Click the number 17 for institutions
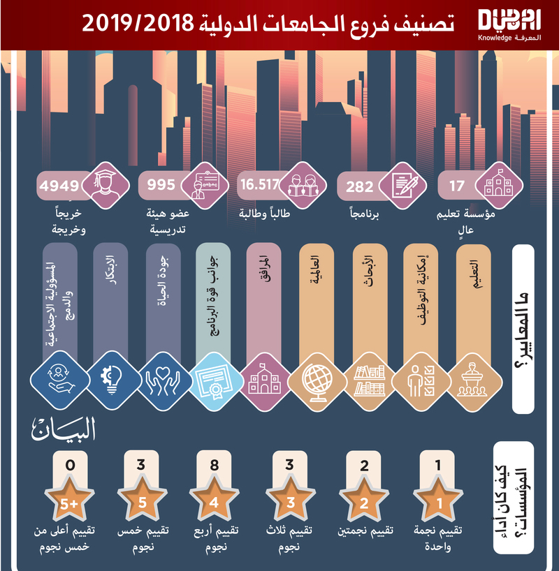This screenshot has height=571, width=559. pos(457,187)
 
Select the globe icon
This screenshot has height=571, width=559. pos(314,380)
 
